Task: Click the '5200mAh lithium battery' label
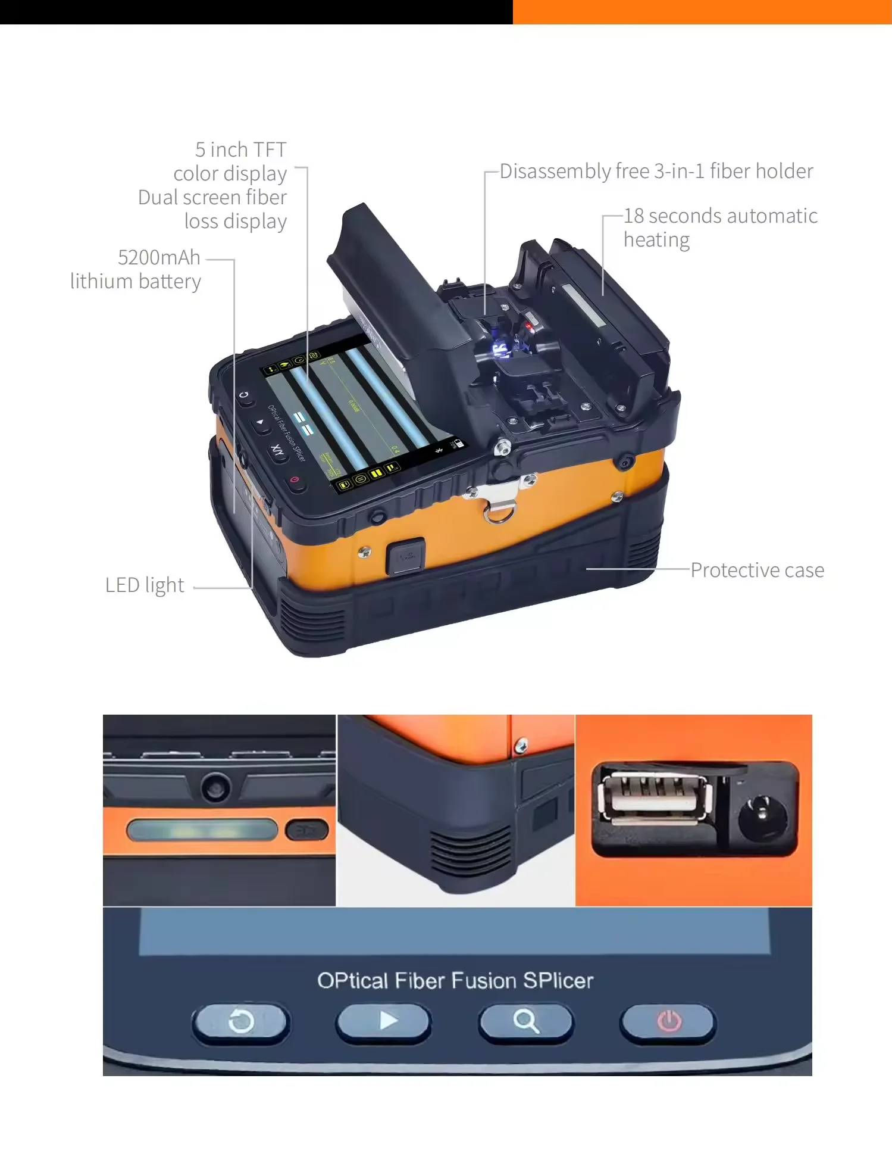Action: pyautogui.click(x=136, y=269)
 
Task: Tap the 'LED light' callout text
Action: pyautogui.click(x=145, y=585)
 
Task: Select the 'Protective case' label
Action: pyautogui.click(x=757, y=570)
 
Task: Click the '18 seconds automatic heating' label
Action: pyautogui.click(x=719, y=227)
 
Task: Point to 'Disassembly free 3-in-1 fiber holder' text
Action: pyautogui.click(x=656, y=171)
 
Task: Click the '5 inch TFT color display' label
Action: pyautogui.click(x=231, y=161)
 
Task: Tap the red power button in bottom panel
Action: pyautogui.click(x=668, y=1022)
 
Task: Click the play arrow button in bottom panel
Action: pyautogui.click(x=384, y=1021)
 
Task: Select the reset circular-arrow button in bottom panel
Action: pyautogui.click(x=241, y=1022)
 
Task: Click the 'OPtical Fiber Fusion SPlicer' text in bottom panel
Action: pyautogui.click(x=455, y=981)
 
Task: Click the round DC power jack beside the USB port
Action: pyautogui.click(x=761, y=815)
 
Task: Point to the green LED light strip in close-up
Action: pyautogui.click(x=202, y=830)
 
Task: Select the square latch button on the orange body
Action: pyautogui.click(x=406, y=556)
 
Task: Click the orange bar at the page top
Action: pyautogui.click(x=702, y=12)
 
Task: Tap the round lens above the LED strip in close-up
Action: pyautogui.click(x=215, y=787)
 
